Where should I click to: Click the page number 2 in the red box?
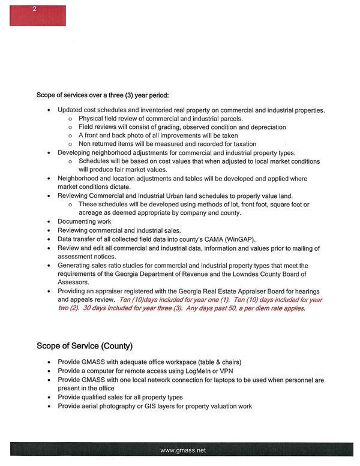pyautogui.click(x=34, y=8)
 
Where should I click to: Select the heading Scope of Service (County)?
pyautogui.click(x=85, y=346)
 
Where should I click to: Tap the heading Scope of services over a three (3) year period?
pyautogui.click(x=103, y=95)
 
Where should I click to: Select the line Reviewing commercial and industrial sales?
pyautogui.click(x=119, y=230)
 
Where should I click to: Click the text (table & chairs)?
pyautogui.click(x=200, y=363)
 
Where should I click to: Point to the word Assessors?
pyautogui.click(x=73, y=282)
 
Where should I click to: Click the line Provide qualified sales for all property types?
pyautogui.click(x=120, y=397)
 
